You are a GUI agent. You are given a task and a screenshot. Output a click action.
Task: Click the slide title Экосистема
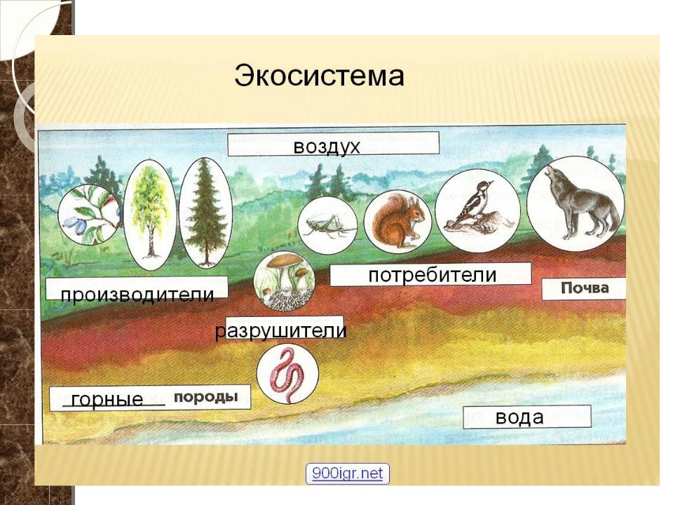pos(319,76)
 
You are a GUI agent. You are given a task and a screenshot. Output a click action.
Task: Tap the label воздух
pos(326,147)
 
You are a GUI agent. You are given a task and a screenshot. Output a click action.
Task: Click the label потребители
pos(433,275)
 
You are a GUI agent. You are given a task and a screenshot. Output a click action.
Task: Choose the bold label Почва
pos(585,288)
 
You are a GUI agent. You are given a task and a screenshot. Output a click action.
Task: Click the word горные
pos(107,399)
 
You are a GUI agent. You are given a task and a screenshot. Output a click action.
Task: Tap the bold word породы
pos(205,396)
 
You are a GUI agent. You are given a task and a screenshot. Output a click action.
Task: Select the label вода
pos(519,417)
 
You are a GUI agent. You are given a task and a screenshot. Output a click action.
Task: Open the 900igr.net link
pos(347,473)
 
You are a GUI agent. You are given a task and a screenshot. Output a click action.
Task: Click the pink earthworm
pos(287,376)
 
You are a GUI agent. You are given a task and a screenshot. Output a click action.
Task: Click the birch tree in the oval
pos(150,215)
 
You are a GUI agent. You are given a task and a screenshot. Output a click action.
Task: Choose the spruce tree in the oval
pos(205,213)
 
